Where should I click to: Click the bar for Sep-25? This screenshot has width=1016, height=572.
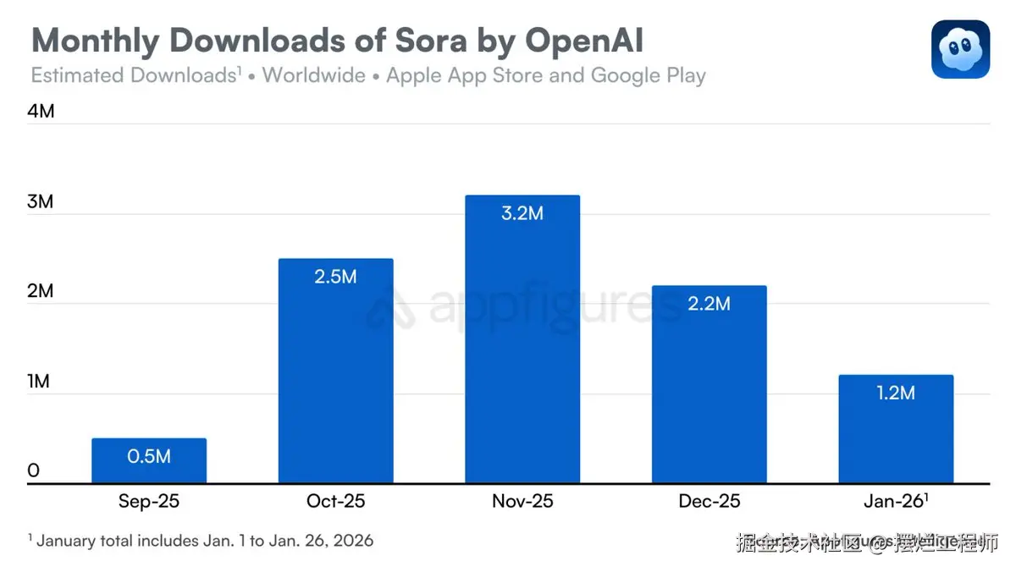pos(149,461)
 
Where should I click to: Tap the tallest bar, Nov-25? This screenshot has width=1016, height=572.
pos(522,339)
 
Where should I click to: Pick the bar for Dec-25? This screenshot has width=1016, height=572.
pos(709,384)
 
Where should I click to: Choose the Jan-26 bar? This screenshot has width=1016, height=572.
pos(896,429)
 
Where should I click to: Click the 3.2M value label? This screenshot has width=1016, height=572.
pos(522,213)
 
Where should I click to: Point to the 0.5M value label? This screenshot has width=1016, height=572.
pos(149,456)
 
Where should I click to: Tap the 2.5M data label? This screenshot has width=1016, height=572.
pos(335,277)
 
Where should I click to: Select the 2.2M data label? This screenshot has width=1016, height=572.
pos(709,303)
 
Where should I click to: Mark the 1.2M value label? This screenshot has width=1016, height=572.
pos(896,393)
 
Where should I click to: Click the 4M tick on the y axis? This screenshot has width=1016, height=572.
pos(41,111)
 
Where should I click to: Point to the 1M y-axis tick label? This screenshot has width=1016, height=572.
pos(39,382)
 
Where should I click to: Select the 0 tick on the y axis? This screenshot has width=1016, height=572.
pos(34,471)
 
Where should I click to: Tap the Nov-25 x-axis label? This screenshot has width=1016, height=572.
pos(522,502)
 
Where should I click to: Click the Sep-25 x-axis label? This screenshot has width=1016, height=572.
pos(149,502)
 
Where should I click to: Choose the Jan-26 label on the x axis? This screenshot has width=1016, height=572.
pos(897,502)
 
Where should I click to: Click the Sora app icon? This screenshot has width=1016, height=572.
pos(960,50)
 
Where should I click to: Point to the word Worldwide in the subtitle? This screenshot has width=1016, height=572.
pos(313,75)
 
